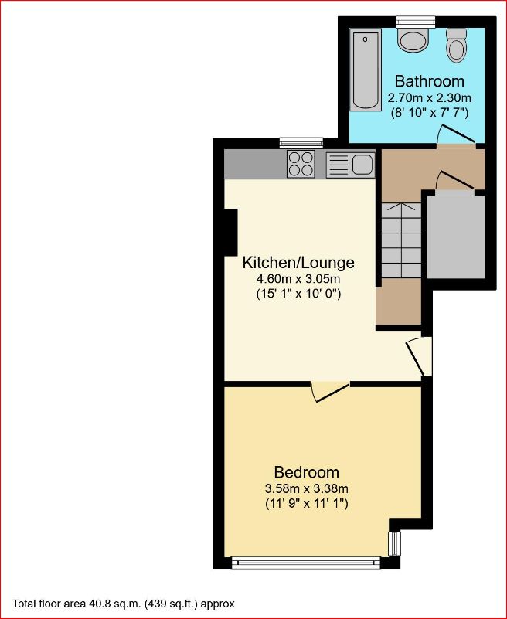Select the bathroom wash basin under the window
pos(414,39)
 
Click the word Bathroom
pos(429,81)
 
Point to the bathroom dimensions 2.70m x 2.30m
pos(429,98)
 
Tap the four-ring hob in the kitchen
pos(301,163)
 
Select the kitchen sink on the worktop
pos(350,164)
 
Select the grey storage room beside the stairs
pos(456,236)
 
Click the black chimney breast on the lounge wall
pos(230,233)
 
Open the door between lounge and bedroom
pos(330,390)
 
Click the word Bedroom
pos(307,472)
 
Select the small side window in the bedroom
pos(395,543)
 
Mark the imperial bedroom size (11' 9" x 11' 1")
pos(307,504)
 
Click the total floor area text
pos(124,604)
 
